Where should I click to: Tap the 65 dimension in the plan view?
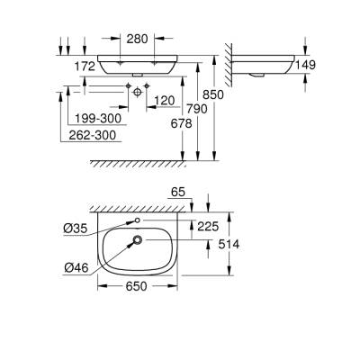coord(178,193)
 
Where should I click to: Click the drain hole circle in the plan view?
coord(138,240)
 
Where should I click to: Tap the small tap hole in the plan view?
coord(138,220)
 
